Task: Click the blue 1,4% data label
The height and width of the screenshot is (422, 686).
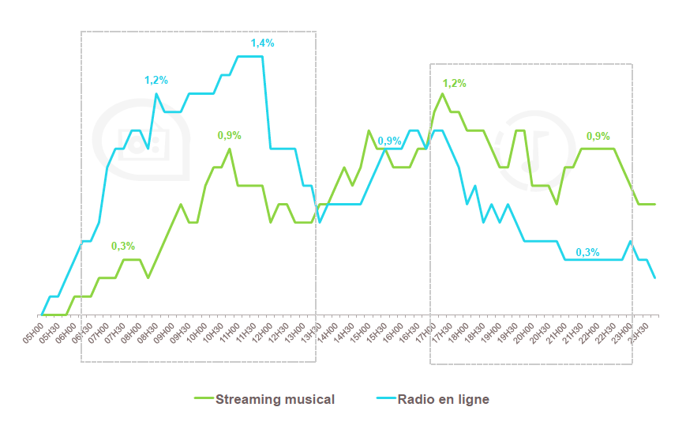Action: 262,43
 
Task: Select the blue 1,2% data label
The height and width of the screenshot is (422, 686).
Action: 156,81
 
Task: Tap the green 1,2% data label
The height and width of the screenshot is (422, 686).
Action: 454,83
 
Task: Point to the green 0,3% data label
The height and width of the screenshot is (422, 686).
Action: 123,246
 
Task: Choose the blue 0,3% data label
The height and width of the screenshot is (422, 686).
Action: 587,252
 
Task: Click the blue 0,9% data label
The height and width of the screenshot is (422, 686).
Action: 390,141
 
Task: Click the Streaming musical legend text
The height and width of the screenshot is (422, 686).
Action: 275,399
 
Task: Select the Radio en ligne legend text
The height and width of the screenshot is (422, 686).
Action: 443,399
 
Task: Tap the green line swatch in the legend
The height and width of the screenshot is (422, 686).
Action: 204,399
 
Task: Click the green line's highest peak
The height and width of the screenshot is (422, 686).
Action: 442,93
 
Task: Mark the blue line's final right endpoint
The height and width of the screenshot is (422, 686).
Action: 655,277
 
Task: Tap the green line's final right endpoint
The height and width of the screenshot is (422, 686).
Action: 655,204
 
